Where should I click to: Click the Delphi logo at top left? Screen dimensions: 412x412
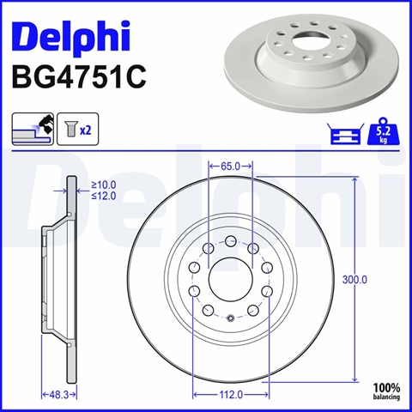(71, 36)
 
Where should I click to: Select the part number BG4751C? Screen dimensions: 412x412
(79, 76)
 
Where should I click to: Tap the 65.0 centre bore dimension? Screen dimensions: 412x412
(230, 166)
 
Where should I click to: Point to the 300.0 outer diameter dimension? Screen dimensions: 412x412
(354, 280)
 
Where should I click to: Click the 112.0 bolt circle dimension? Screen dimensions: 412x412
(231, 395)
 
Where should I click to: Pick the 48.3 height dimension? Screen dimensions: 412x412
(59, 395)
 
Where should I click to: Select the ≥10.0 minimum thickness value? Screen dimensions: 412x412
(104, 185)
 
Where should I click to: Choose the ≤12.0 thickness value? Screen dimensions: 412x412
(104, 196)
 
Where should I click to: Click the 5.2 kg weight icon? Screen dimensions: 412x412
(383, 131)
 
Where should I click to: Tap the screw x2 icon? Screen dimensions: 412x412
(78, 129)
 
